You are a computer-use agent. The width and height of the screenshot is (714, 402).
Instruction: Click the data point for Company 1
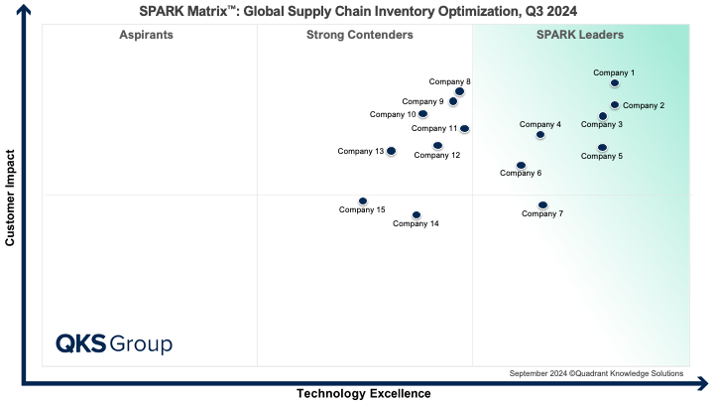click(615, 83)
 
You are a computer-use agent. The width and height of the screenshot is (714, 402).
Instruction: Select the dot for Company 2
click(615, 105)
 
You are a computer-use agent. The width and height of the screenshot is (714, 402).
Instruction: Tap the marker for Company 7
click(542, 205)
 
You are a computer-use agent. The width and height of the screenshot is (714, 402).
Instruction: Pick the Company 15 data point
click(363, 201)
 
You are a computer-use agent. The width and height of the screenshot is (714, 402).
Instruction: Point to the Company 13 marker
click(391, 151)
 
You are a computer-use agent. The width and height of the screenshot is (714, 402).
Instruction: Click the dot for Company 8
click(459, 91)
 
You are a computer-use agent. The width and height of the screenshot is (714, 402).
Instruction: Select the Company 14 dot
click(416, 214)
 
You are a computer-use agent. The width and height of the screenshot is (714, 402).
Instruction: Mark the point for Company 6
click(521, 166)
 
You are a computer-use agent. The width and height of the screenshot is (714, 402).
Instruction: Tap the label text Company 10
click(393, 114)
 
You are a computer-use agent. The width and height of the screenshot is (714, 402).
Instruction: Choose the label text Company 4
click(540, 124)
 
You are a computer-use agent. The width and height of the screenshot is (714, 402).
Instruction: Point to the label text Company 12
click(437, 155)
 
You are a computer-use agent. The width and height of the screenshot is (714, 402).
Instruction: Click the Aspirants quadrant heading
click(146, 35)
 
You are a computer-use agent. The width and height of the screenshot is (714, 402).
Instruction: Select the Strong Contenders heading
click(360, 35)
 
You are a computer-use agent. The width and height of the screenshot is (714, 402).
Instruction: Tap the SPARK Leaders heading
click(580, 35)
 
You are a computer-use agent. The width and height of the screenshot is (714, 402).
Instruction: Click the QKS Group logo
click(114, 344)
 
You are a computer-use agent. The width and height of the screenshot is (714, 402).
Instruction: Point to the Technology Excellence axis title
click(364, 394)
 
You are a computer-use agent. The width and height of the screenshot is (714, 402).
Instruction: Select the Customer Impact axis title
click(11, 199)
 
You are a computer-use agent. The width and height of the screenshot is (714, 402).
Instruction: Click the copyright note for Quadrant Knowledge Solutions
click(596, 373)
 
